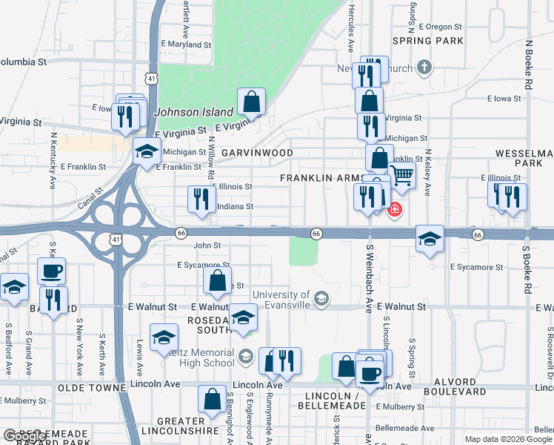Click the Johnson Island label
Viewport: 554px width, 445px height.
tap(194, 113)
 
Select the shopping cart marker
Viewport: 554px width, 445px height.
tap(401, 176)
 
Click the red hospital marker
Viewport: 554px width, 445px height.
tap(395, 210)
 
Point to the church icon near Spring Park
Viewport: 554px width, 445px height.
tap(424, 68)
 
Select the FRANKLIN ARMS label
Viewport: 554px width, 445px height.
tap(321, 179)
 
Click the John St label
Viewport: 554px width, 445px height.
tap(207, 245)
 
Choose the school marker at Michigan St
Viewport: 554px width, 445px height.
tap(147, 152)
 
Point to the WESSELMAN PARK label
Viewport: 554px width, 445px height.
tap(525, 157)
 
